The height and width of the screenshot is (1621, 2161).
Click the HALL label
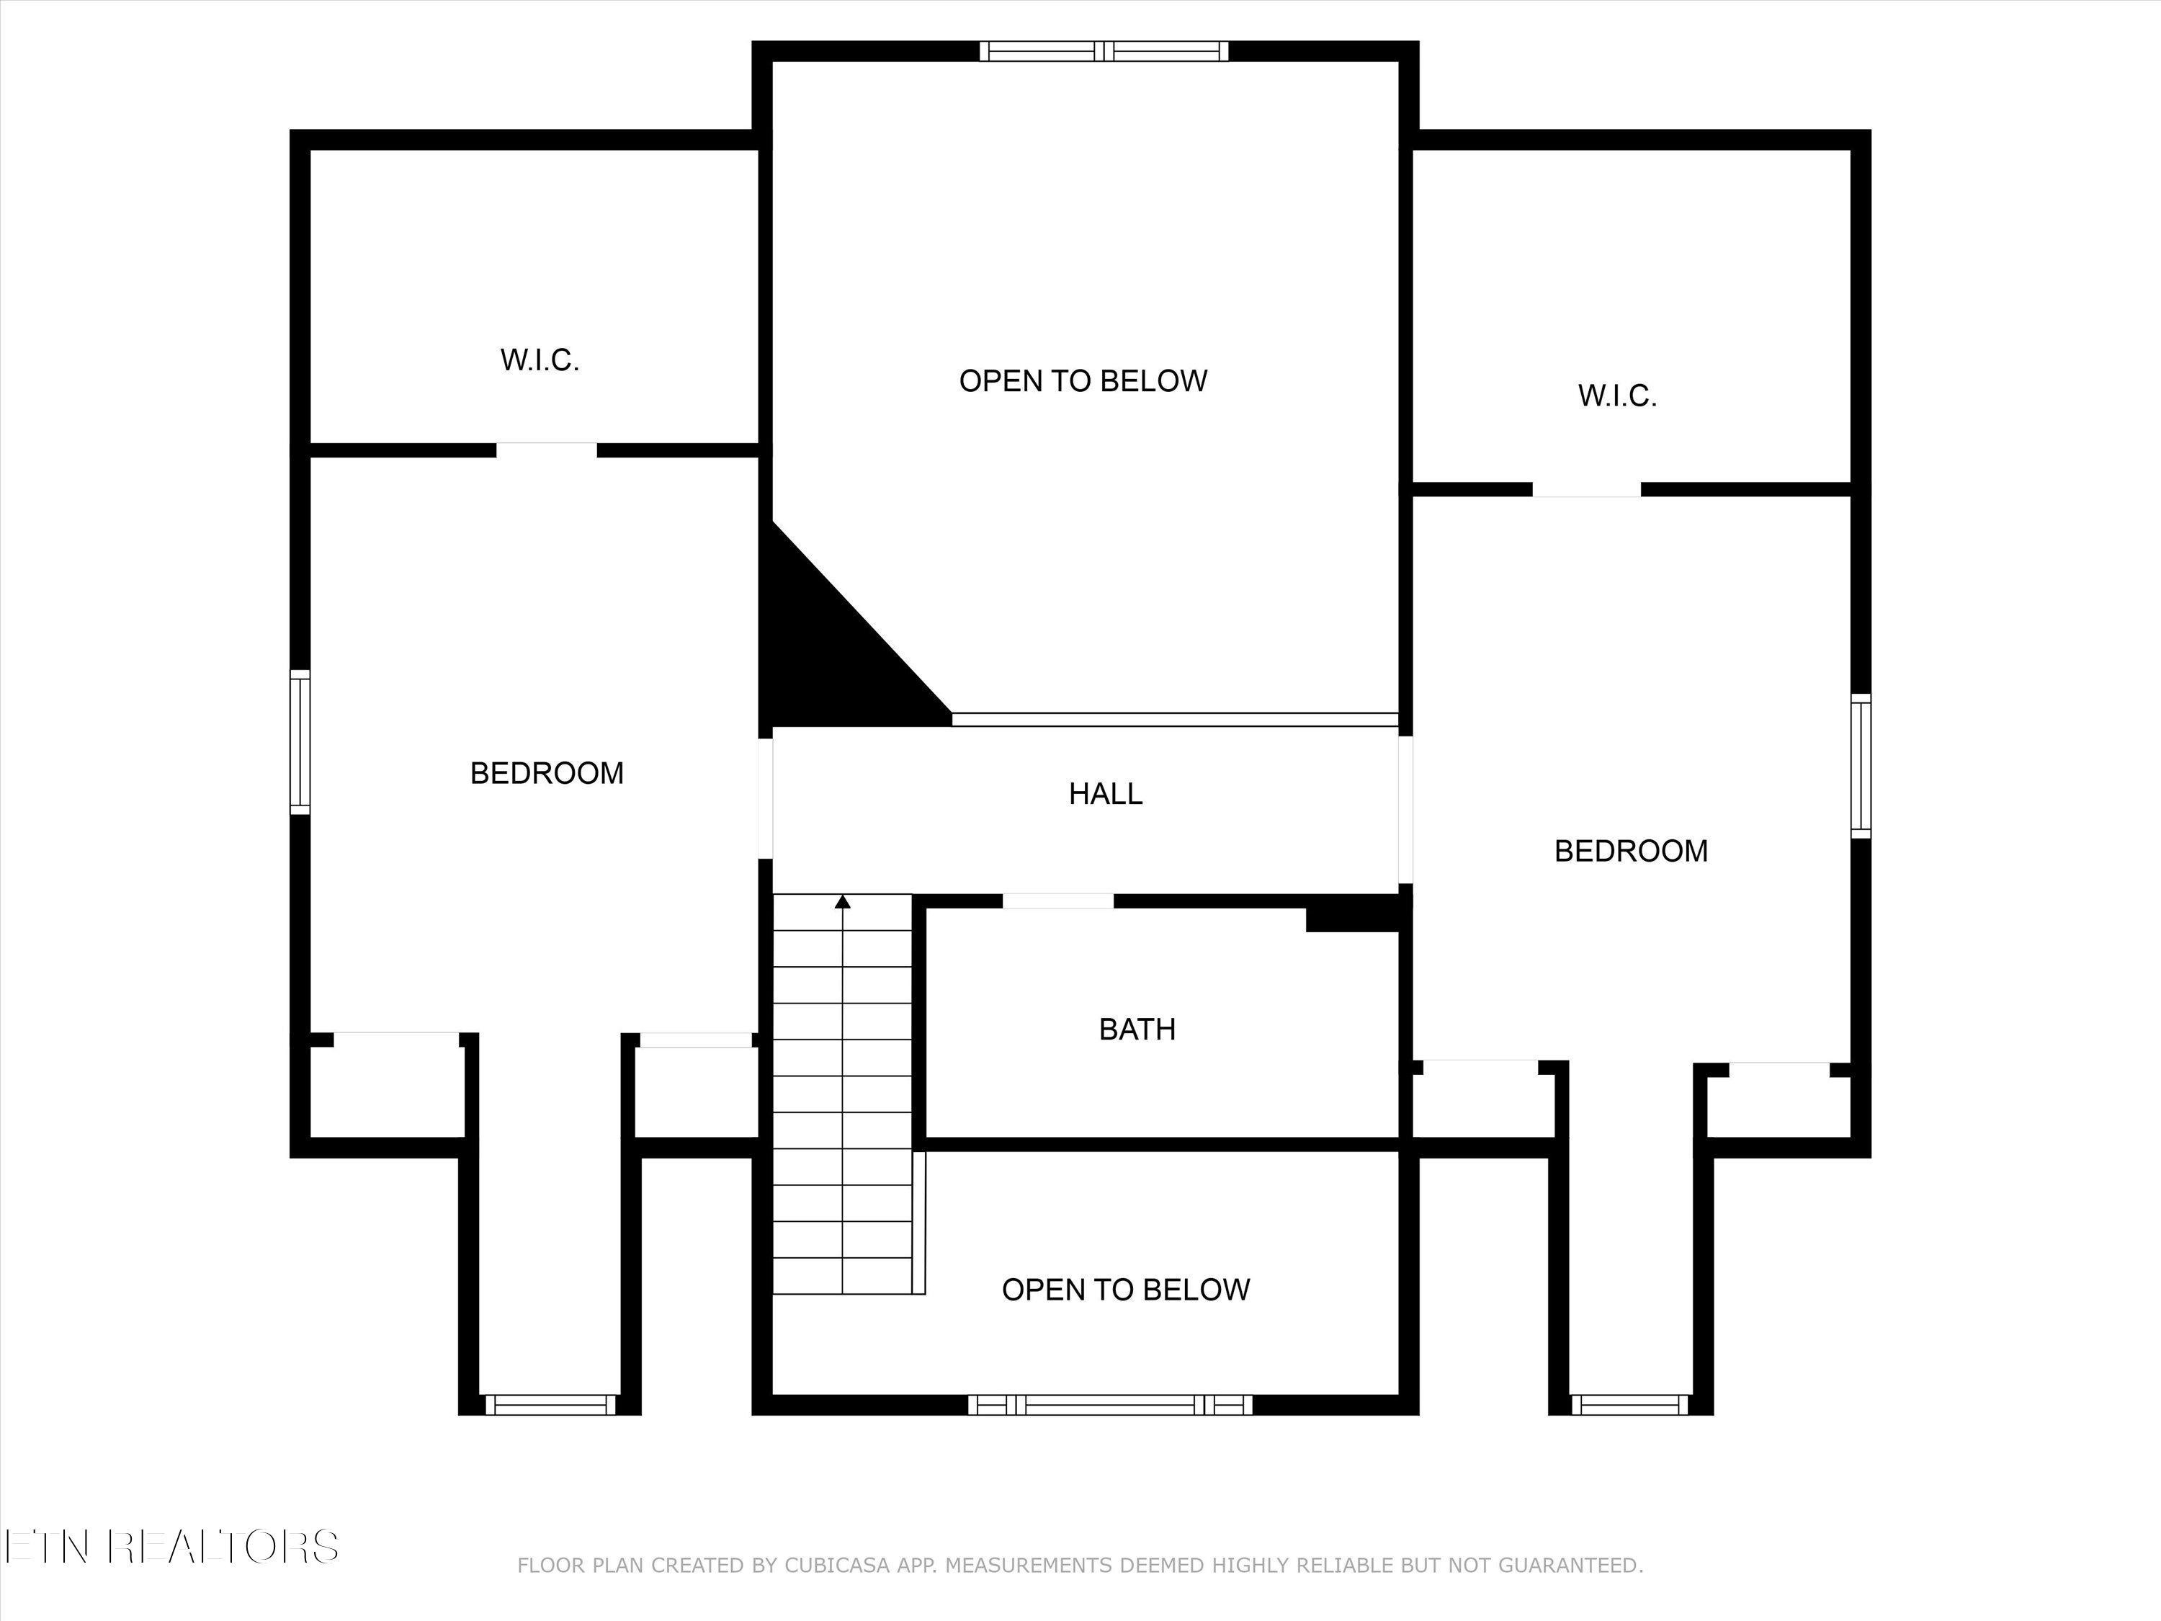pyautogui.click(x=1105, y=793)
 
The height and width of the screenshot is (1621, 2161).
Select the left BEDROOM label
pyautogui.click(x=546, y=773)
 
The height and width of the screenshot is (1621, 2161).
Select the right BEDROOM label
pyautogui.click(x=1631, y=851)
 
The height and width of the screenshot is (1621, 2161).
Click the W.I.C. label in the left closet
pyautogui.click(x=540, y=360)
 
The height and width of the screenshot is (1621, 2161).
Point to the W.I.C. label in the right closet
pyautogui.click(x=1617, y=396)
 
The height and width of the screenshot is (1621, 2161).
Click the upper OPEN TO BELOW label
pyautogui.click(x=1083, y=381)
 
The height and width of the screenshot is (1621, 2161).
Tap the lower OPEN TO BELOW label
pyautogui.click(x=1125, y=1290)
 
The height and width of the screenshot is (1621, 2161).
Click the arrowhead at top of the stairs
pyautogui.click(x=843, y=901)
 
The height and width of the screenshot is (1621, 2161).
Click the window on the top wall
pyautogui.click(x=1104, y=51)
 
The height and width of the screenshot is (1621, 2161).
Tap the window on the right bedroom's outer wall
pyautogui.click(x=1861, y=766)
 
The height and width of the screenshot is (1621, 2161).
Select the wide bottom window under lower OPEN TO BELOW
pyautogui.click(x=1110, y=1405)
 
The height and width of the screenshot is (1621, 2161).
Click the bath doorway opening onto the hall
pyautogui.click(x=1058, y=901)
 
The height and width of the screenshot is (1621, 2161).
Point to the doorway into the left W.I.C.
pyautogui.click(x=546, y=450)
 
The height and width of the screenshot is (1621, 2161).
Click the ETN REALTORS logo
pyautogui.click(x=172, y=1547)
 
